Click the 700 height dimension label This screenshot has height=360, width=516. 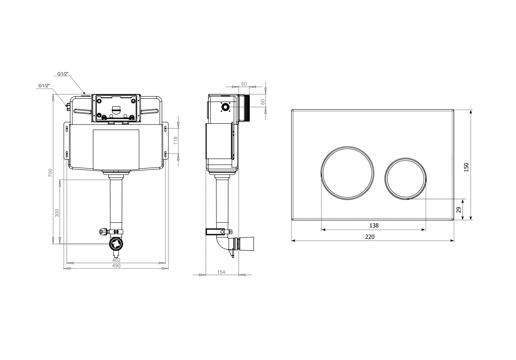point(50,173)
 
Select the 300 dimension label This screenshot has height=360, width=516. point(57,213)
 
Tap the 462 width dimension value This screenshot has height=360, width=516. point(116,260)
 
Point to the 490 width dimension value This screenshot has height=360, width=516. point(116,266)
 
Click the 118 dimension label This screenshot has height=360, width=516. point(176,141)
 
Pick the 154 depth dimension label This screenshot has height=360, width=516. point(221,272)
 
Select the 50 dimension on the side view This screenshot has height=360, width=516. point(244,84)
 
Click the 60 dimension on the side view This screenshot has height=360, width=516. point(263,102)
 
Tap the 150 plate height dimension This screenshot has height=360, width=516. point(466,167)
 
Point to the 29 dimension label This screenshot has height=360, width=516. point(459,210)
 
